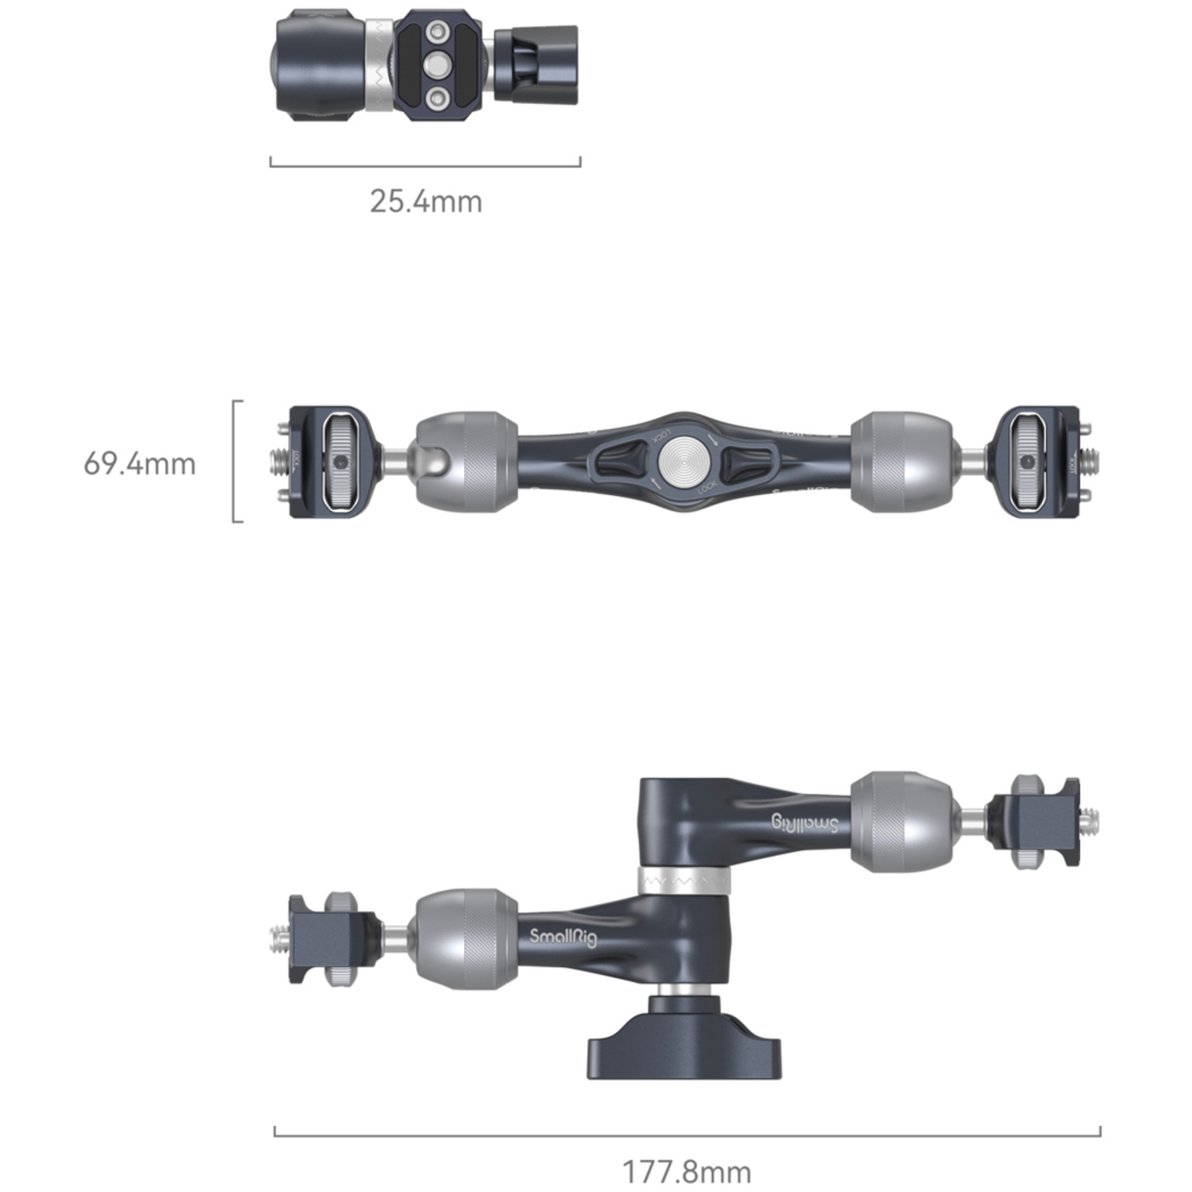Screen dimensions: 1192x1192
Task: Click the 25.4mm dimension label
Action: tap(426, 201)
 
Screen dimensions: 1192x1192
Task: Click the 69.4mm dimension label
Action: tap(140, 463)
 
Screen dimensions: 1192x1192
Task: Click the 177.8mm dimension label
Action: tap(686, 1171)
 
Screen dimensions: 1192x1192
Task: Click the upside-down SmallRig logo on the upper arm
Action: tap(804, 823)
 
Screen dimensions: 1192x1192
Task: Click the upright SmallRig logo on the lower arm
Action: tap(563, 937)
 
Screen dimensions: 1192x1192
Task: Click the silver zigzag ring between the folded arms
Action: tap(684, 880)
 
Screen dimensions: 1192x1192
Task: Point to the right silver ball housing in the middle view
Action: tap(900, 462)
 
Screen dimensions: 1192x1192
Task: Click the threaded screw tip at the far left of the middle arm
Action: tap(279, 461)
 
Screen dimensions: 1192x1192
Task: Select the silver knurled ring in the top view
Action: tap(379, 66)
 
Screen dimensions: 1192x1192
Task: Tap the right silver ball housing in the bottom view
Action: tap(900, 822)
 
